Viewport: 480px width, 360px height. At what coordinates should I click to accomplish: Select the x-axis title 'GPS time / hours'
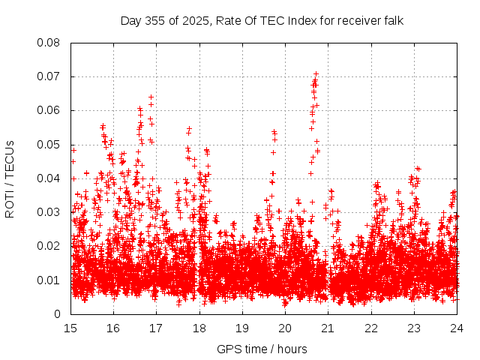262,349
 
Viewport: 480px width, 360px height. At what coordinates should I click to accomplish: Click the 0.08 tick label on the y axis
49,43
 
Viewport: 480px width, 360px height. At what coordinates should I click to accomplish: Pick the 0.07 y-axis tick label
49,76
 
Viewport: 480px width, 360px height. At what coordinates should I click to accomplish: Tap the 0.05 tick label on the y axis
49,145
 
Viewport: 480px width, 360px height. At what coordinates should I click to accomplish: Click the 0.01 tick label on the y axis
49,280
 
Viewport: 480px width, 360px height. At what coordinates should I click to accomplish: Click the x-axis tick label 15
70,328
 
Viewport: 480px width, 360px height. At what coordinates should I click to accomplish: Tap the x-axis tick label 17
156,328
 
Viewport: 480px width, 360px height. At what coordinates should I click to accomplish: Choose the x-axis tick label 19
242,328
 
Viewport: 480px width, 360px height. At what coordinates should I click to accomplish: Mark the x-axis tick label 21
328,328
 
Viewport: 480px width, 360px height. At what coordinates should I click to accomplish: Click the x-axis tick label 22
370,328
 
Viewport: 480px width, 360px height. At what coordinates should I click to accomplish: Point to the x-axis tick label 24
456,328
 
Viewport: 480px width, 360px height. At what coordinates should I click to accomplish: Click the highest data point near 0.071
316,73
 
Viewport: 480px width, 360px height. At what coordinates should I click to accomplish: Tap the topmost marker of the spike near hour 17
151,97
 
